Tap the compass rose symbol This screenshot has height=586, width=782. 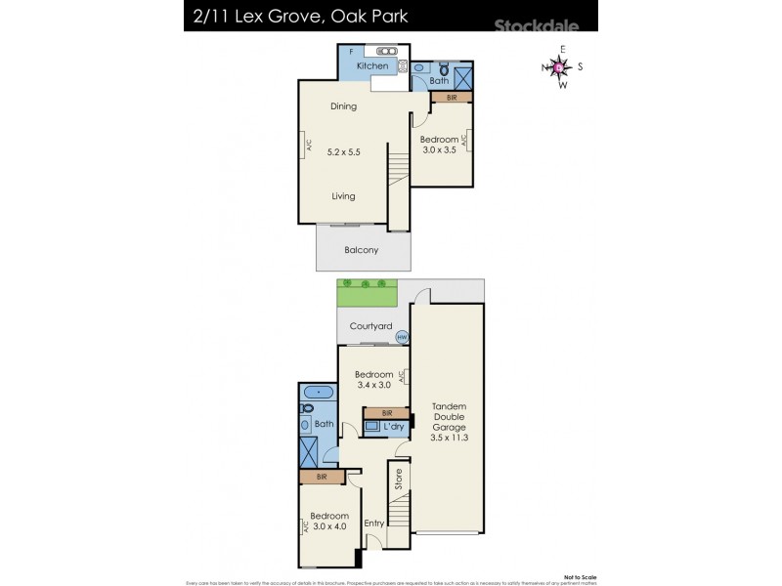(558, 67)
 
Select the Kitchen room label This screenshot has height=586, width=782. (371, 65)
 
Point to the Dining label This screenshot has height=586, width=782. (342, 106)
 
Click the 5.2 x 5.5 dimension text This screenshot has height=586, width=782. (342, 151)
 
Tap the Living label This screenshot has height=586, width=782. (342, 196)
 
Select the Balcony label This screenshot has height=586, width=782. (360, 250)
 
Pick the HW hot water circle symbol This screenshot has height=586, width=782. (401, 338)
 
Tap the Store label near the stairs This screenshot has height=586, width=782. (398, 480)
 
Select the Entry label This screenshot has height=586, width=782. (373, 523)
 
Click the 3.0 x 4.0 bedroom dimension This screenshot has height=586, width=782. (329, 526)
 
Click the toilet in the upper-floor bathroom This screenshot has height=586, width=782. (443, 70)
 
